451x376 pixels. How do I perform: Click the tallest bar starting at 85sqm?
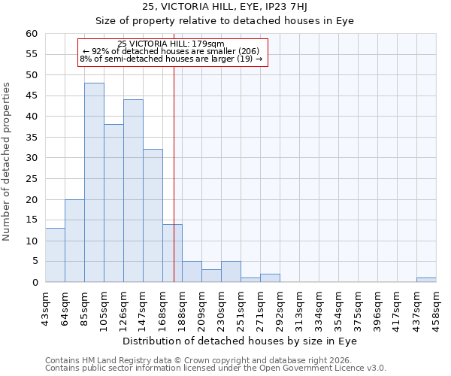pyautogui.click(x=94, y=183)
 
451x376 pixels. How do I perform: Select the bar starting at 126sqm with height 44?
pyautogui.click(x=133, y=191)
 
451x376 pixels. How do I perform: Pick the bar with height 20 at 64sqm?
pyautogui.click(x=74, y=241)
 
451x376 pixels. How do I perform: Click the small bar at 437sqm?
pyautogui.click(x=426, y=280)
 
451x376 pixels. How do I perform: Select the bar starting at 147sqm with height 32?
pyautogui.click(x=153, y=216)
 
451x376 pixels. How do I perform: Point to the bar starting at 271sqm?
pyautogui.click(x=270, y=278)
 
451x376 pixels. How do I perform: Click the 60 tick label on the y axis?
pyautogui.click(x=31, y=34)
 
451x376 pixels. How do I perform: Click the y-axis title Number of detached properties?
pyautogui.click(x=8, y=162)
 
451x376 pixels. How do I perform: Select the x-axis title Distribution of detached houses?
pyautogui.click(x=241, y=341)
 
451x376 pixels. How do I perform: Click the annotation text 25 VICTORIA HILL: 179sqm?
pyautogui.click(x=171, y=44)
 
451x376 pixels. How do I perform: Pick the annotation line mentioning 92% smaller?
pyautogui.click(x=171, y=51)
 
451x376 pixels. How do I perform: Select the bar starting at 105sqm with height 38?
pyautogui.click(x=114, y=203)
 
